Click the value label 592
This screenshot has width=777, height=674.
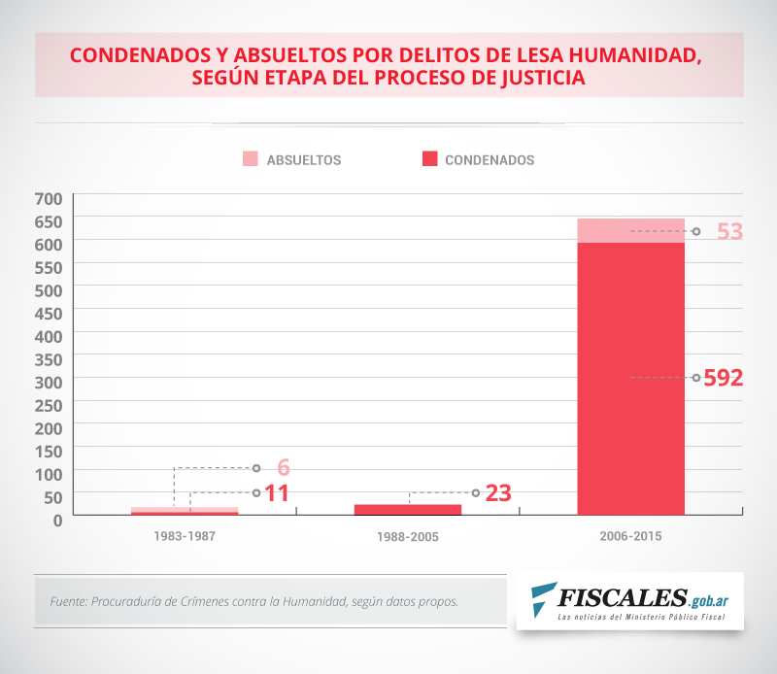point(724,378)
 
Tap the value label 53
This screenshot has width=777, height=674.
point(729,232)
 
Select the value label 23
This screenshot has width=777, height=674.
point(498,493)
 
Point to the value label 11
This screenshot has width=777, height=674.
point(277,493)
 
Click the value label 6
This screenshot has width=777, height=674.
point(284,468)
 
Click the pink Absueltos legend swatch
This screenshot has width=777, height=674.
point(250,159)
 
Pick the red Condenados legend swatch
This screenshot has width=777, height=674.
point(428,159)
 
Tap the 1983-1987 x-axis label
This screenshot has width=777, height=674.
point(184,536)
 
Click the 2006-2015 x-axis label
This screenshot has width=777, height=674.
point(631,536)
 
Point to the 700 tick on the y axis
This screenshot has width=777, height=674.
point(49,198)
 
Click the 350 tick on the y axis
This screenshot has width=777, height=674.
point(49,358)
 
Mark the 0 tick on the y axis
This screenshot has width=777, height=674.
point(57,519)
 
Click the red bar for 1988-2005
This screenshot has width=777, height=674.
point(407,509)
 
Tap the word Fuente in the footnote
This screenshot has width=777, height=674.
point(68,601)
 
